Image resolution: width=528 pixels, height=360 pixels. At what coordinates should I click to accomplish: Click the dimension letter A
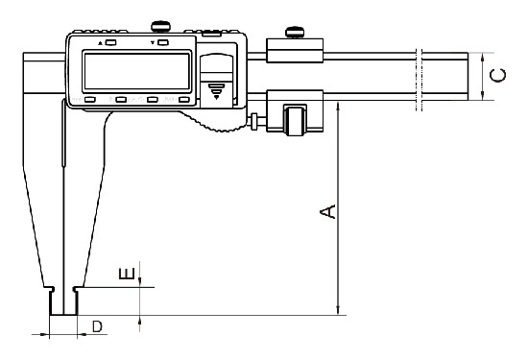click(327, 211)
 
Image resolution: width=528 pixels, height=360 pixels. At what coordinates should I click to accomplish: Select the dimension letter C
click(497, 76)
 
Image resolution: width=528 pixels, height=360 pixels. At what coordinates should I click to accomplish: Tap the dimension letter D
click(97, 326)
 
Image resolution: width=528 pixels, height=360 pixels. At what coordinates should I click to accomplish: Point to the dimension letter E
click(128, 274)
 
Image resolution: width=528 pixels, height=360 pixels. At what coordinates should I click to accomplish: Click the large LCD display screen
click(137, 71)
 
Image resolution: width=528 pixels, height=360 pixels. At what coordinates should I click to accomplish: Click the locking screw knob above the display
click(160, 26)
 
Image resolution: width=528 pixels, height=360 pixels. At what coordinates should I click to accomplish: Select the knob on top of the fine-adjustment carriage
click(295, 33)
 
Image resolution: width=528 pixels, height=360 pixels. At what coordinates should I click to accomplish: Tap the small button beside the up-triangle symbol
click(111, 42)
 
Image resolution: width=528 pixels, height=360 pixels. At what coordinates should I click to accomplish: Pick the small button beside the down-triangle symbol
click(163, 42)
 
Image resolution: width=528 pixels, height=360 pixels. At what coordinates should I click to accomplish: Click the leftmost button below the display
click(90, 99)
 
